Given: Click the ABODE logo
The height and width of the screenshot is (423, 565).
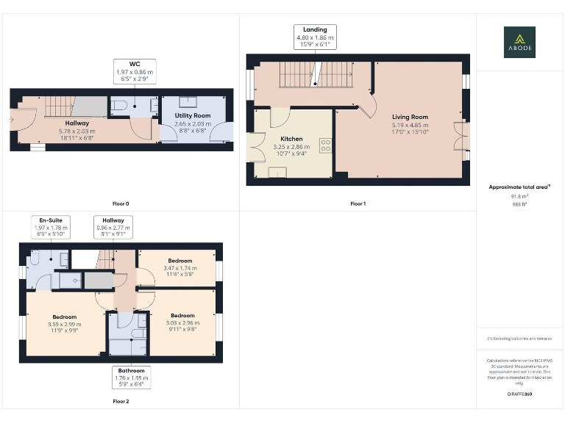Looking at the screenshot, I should click(x=519, y=42).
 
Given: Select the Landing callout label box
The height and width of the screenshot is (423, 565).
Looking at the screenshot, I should click(x=314, y=37).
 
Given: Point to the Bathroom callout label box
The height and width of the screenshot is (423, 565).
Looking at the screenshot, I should click(x=131, y=376).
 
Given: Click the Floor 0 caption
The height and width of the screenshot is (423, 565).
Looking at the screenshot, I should click(x=121, y=203).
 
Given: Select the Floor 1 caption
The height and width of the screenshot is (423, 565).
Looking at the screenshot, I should click(x=358, y=203).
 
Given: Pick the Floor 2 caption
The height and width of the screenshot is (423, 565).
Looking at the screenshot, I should click(x=121, y=402).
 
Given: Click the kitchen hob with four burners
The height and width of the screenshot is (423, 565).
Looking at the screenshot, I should click(x=324, y=144).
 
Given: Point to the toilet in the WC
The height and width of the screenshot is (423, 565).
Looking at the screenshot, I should click(x=120, y=106).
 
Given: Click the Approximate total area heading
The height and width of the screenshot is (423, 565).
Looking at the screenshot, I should click(x=519, y=187).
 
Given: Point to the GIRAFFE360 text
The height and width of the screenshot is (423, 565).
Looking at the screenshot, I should click(x=519, y=394).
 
